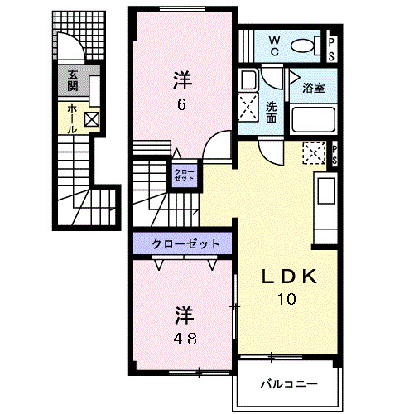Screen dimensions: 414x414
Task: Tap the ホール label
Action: click(x=72, y=118)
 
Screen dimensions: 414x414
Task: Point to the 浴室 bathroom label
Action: click(x=313, y=87)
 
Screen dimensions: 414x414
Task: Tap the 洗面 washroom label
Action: click(x=272, y=111)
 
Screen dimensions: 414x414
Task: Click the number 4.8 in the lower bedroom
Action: click(x=185, y=339)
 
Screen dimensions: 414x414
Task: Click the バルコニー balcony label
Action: click(x=288, y=384)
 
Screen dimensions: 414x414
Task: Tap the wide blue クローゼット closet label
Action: click(x=186, y=244)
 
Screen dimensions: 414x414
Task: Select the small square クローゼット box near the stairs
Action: click(x=185, y=175)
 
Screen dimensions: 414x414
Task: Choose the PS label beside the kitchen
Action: click(x=335, y=153)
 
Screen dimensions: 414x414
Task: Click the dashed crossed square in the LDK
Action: click(x=313, y=154)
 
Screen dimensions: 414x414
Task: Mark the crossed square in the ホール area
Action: click(x=91, y=118)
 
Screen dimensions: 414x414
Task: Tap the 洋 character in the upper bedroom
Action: click(x=182, y=80)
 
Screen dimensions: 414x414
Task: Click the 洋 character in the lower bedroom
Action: click(x=184, y=315)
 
